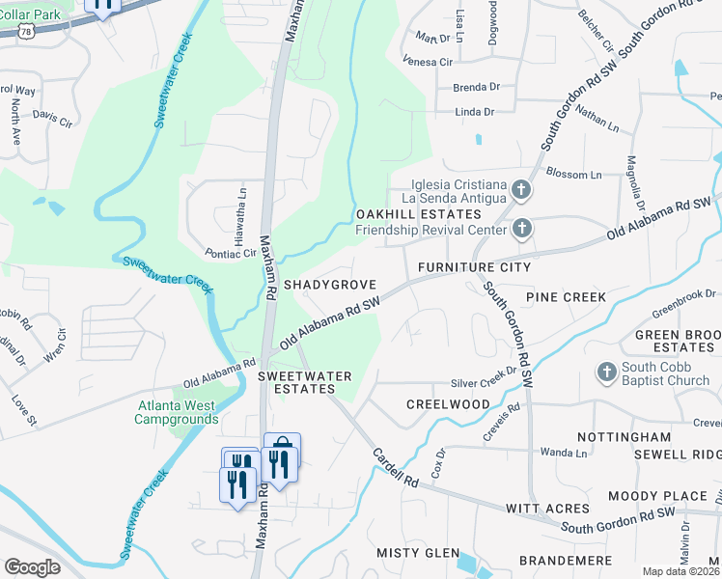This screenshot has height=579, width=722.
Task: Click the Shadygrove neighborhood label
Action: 329,286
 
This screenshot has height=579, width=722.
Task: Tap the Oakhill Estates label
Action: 418,213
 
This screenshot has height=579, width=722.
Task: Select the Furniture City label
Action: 474,266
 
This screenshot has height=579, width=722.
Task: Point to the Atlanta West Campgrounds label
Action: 176,412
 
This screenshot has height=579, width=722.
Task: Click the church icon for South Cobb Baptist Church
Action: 606,371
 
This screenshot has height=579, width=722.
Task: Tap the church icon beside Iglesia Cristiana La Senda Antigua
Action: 521,190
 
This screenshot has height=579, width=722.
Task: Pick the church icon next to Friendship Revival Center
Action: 521,229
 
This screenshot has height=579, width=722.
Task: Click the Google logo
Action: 32,567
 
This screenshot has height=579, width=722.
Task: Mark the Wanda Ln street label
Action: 557,451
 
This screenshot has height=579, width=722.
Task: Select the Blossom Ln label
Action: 573,175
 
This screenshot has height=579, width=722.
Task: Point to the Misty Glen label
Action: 417,552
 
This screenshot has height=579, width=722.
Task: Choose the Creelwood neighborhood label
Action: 448,403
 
